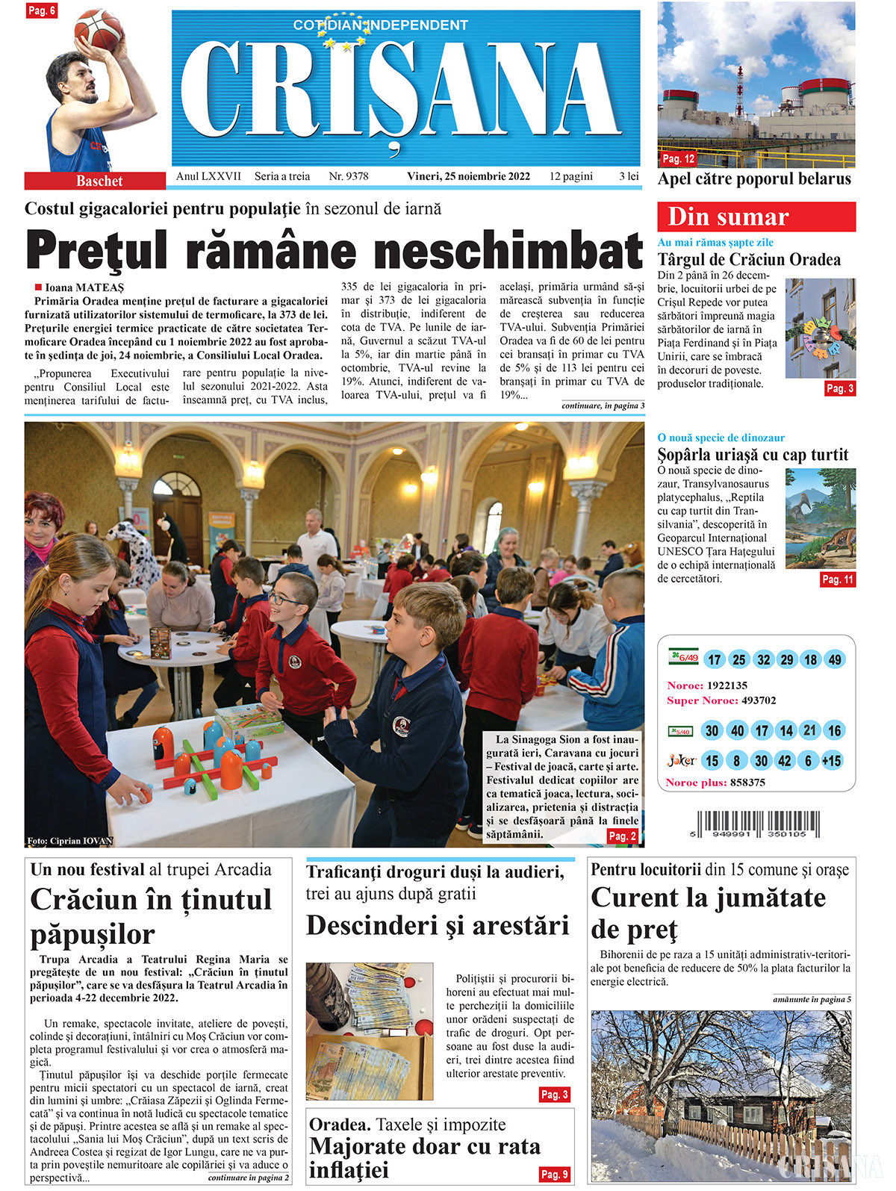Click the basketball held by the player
click(99, 30)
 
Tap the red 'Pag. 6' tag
click(42, 10)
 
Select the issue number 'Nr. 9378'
click(349, 176)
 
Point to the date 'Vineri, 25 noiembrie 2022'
click(468, 176)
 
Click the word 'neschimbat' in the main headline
click(508, 251)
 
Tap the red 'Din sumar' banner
click(756, 217)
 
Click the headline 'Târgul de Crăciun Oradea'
click(749, 260)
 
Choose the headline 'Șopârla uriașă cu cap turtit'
click(753, 455)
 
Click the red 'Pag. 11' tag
click(837, 579)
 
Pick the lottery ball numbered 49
click(835, 659)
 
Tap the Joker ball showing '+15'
click(832, 761)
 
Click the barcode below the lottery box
click(754, 823)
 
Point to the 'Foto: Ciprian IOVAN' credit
click(70, 841)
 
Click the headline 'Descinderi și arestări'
click(438, 926)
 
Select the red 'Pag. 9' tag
click(555, 1174)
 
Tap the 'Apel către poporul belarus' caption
click(754, 179)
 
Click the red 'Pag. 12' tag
click(679, 158)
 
